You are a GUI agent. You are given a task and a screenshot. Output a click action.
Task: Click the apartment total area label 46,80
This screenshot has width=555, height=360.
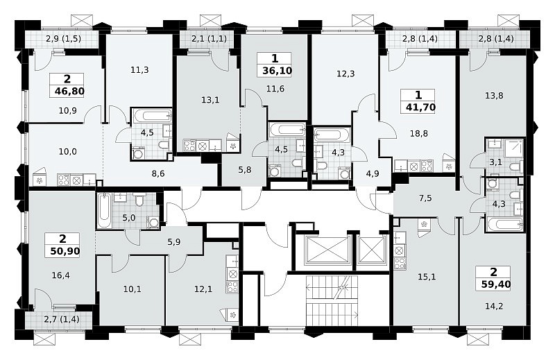70,92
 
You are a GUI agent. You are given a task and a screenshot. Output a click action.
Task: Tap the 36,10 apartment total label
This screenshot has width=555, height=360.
277,71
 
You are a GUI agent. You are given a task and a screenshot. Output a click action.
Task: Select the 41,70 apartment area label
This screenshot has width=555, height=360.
420,107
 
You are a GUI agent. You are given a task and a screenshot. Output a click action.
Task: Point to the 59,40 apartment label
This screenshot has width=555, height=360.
495,284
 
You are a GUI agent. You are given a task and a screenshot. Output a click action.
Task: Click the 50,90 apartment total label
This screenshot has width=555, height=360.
65,251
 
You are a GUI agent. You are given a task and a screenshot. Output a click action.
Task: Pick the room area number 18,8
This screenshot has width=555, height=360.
418,133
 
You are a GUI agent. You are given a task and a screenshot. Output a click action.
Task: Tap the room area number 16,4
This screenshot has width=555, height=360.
60,275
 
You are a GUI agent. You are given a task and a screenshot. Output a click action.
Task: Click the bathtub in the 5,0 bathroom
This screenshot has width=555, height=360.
104,211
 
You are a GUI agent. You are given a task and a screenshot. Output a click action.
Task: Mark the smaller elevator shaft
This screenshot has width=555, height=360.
372,250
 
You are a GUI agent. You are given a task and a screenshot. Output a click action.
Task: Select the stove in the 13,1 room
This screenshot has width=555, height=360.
189,146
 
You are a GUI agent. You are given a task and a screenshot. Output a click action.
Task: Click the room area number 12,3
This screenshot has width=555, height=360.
345,74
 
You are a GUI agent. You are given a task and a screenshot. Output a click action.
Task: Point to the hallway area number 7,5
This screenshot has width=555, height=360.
425,198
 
